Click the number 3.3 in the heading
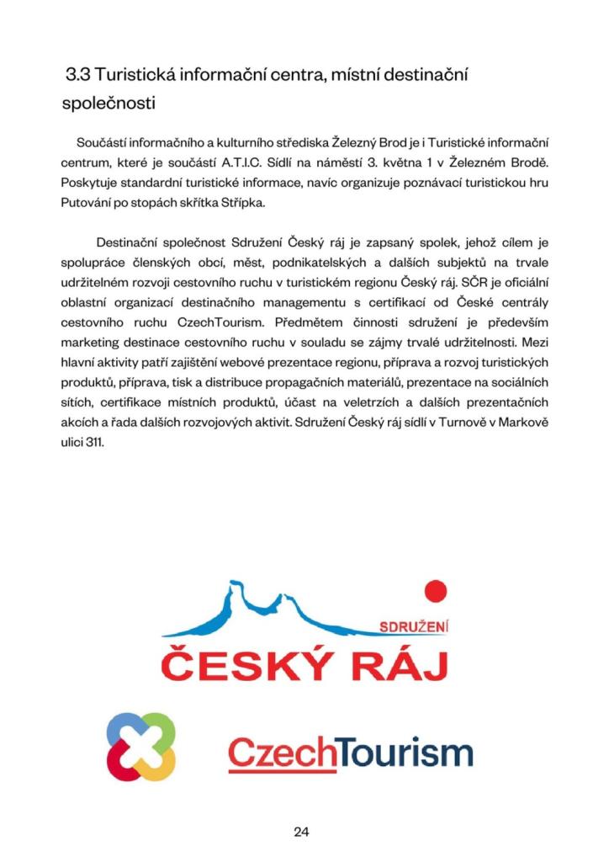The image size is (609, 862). [79, 75]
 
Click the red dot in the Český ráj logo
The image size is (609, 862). [434, 592]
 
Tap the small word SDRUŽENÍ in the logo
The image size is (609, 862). [415, 627]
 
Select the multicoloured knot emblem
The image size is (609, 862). [141, 746]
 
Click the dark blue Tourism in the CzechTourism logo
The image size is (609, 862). [405, 752]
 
